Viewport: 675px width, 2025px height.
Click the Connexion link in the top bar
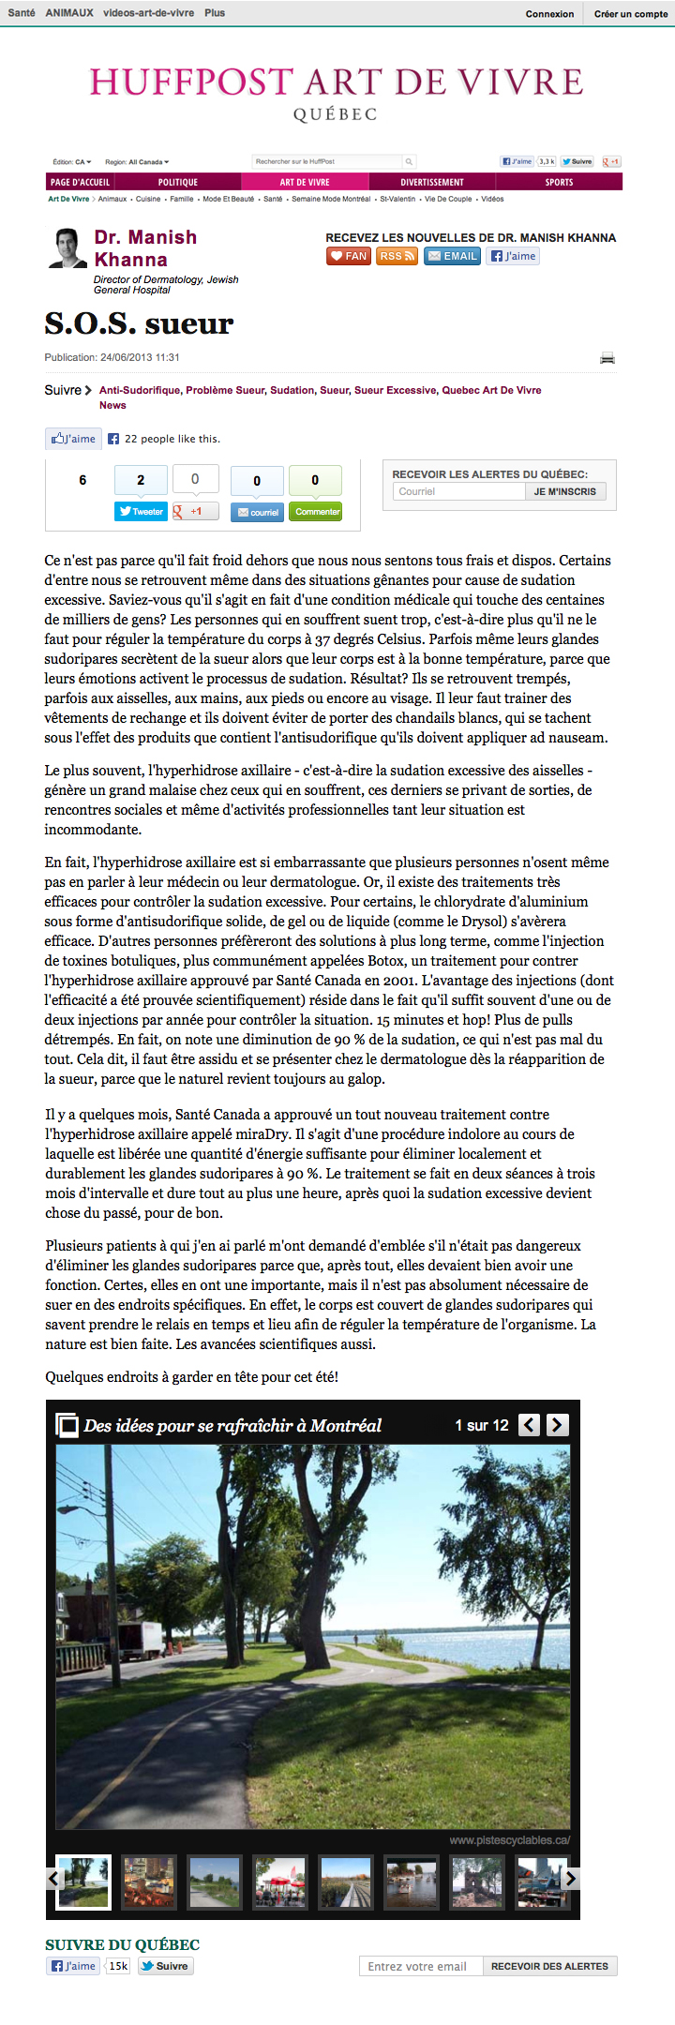pos(549,14)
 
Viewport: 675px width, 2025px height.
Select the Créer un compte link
pos(630,14)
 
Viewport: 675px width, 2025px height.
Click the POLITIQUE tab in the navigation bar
pos(177,182)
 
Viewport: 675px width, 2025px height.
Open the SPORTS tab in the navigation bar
pos(559,182)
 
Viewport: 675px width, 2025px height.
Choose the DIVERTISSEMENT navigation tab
pos(432,182)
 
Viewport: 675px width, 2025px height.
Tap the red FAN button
pos(349,256)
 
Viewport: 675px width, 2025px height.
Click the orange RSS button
pos(397,256)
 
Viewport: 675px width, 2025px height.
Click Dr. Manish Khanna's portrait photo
pos(67,248)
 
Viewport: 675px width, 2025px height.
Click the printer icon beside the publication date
pos(607,358)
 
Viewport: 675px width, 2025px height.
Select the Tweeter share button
pos(141,512)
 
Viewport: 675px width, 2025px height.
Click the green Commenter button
pos(316,512)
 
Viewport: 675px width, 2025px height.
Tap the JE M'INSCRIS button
pos(564,491)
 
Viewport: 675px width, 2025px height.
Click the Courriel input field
pos(458,491)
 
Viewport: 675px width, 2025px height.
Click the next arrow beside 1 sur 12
pos(557,1425)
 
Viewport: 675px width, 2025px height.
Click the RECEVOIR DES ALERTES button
pos(549,1966)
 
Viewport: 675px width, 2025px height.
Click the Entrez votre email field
pos(421,1966)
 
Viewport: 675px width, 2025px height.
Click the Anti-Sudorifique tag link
pos(140,390)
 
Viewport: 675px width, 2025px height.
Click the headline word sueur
pos(188,323)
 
